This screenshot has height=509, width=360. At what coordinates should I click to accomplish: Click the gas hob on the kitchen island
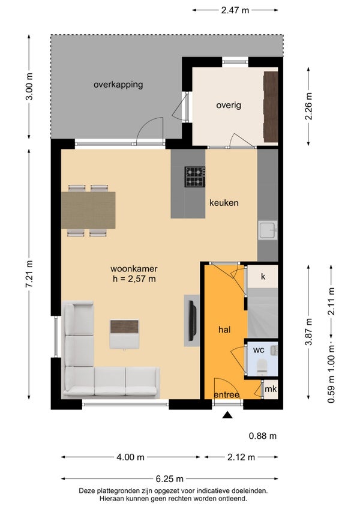click(195, 177)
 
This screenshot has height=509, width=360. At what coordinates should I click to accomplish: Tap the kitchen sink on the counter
click(268, 230)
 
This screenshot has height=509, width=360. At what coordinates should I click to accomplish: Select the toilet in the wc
click(262, 367)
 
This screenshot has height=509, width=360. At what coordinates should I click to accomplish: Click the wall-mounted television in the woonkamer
click(193, 321)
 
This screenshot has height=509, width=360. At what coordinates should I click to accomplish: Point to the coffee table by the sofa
click(124, 334)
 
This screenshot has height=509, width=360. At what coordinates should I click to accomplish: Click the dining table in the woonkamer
click(88, 210)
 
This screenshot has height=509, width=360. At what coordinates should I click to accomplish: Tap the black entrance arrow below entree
click(228, 415)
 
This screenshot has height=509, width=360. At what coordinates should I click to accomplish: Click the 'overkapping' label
click(118, 85)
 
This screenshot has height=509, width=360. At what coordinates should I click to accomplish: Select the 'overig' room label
click(229, 105)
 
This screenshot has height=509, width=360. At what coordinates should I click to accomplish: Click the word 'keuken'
click(224, 203)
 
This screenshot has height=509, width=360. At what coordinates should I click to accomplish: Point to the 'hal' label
click(224, 330)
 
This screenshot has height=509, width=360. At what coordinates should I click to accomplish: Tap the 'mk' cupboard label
click(271, 388)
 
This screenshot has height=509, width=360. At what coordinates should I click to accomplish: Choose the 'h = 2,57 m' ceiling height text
click(134, 279)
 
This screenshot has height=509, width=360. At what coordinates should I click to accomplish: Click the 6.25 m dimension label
click(169, 478)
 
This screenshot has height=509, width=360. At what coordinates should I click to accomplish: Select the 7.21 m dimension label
click(29, 274)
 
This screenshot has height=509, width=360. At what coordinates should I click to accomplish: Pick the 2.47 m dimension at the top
click(235, 10)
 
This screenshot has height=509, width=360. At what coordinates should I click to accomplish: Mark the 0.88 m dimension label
click(263, 436)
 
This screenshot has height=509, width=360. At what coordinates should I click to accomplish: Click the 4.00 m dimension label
click(130, 457)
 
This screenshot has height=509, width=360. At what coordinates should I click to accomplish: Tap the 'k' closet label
click(263, 276)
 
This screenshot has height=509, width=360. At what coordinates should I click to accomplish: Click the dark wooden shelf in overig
click(271, 106)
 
